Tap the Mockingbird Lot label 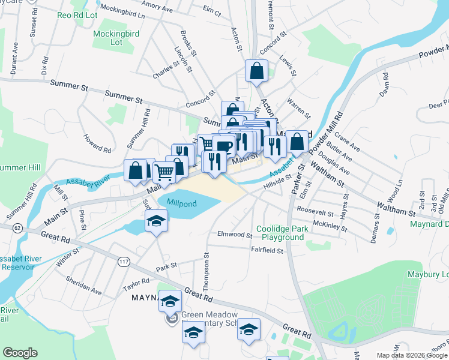click(116, 38)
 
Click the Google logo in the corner click(20, 353)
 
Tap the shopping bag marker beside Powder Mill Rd click(297, 142)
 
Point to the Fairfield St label click(267, 250)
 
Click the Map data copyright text click(411, 355)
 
